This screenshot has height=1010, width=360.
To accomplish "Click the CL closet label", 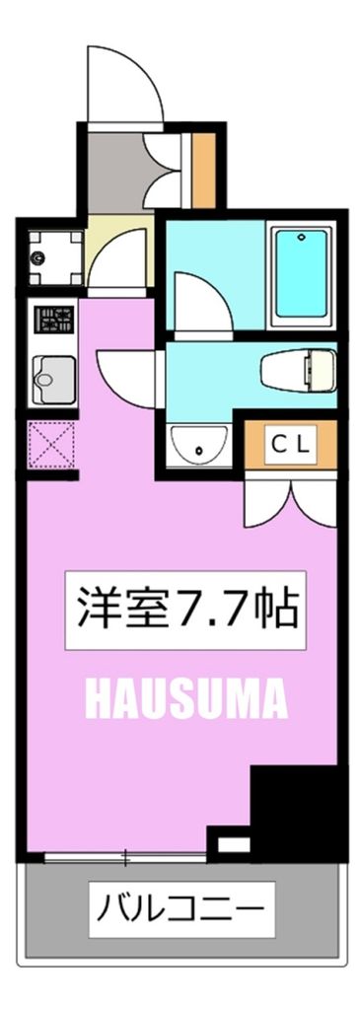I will [x=291, y=446].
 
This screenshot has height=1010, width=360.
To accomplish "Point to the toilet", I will [x=296, y=372].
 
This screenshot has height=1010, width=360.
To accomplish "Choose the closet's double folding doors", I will [x=289, y=501].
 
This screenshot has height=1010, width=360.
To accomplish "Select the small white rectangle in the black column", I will [x=233, y=843].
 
